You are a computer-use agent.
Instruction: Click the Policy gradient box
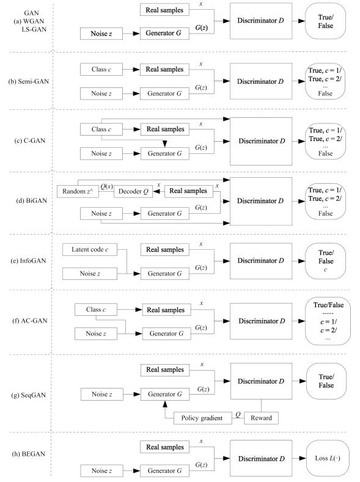tap(202, 418)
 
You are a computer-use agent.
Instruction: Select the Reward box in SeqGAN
tap(262, 418)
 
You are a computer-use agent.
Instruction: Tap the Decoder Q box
tap(133, 191)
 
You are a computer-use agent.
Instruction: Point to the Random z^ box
tap(78, 191)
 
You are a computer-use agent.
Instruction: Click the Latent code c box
tap(90, 250)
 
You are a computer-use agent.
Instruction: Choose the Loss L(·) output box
tap(328, 458)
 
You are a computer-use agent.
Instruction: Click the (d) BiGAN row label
tap(32, 201)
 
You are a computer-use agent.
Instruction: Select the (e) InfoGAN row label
tap(28, 261)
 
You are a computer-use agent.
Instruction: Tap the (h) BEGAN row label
tap(28, 454)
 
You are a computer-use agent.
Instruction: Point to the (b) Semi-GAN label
tap(29, 81)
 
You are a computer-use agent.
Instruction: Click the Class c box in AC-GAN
tap(96, 310)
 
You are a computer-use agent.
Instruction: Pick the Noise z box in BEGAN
tap(101, 470)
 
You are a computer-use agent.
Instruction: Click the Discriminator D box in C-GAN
tap(261, 141)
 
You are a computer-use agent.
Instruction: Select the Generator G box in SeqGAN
tap(165, 394)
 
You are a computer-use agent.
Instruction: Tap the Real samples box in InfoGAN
tap(165, 250)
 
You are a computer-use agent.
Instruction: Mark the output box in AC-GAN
tap(328, 321)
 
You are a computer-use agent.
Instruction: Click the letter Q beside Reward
tap(238, 414)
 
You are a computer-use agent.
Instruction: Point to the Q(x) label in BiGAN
tap(107, 186)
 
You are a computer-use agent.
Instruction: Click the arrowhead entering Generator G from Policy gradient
tap(165, 404)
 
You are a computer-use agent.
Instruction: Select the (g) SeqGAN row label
tap(28, 395)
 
